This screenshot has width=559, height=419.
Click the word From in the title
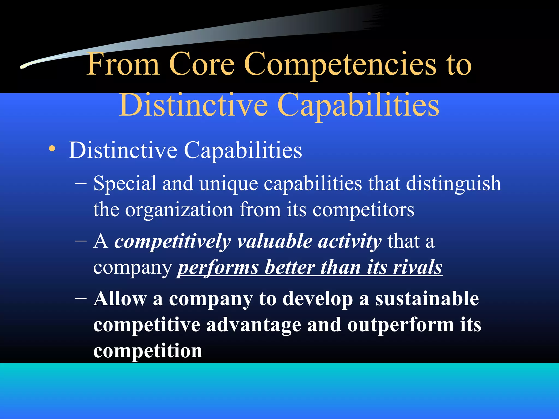pos(123,64)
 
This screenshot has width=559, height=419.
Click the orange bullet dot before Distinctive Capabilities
pos(52,149)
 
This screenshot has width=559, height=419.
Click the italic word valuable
pos(275,242)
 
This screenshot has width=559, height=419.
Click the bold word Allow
pos(120,299)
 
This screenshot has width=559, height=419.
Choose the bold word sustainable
pos(427,299)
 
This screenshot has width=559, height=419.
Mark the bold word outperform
pos(401,325)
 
